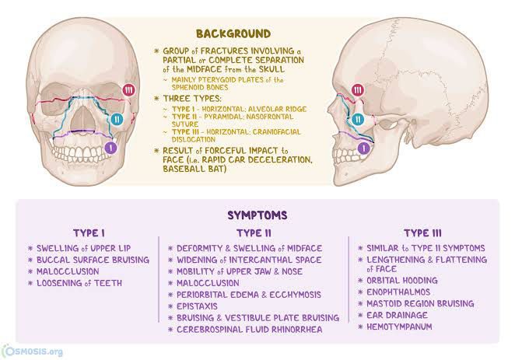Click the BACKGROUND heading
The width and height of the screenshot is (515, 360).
pyautogui.click(x=233, y=33)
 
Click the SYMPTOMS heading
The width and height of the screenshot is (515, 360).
pyautogui.click(x=257, y=215)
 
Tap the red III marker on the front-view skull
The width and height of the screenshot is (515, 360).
pyautogui.click(x=129, y=90)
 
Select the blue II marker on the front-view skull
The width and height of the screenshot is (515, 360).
pyautogui.click(x=117, y=119)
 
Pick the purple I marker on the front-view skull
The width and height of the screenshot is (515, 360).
pyautogui.click(x=111, y=148)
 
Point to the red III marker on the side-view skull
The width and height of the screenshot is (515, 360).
pyautogui.click(x=358, y=90)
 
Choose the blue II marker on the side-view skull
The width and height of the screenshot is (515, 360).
pyautogui.click(x=358, y=119)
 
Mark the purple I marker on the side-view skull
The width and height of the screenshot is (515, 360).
pyautogui.click(x=363, y=149)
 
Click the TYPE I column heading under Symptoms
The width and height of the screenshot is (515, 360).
pyautogui.click(x=89, y=233)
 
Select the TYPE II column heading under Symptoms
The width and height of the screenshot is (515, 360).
pyautogui.click(x=254, y=233)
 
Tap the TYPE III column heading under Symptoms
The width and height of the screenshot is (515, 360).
pyautogui.click(x=422, y=233)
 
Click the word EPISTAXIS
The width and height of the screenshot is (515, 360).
pyautogui.click(x=197, y=306)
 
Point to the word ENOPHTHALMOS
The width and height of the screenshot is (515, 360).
pyautogui.click(x=398, y=292)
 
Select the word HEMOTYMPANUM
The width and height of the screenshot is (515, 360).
pyautogui.click(x=399, y=327)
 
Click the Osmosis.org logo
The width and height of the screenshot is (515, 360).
pyautogui.click(x=32, y=351)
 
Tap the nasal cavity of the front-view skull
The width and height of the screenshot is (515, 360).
pyautogui.click(x=83, y=119)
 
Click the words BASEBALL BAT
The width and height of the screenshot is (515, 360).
pyautogui.click(x=194, y=169)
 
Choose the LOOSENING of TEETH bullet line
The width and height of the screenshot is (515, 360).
pyautogui.click(x=79, y=283)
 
